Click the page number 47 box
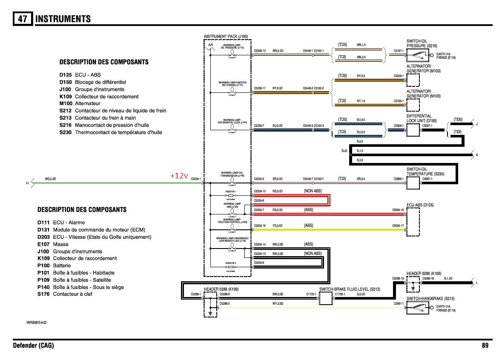click(x=23, y=19)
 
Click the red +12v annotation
click(x=179, y=176)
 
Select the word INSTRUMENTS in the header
click(x=63, y=19)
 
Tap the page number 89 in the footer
click(x=485, y=346)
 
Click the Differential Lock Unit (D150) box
click(x=413, y=130)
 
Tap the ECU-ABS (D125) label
click(x=420, y=205)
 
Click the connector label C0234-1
click(x=195, y=179)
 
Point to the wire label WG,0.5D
click(x=50, y=179)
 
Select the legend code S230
click(x=66, y=132)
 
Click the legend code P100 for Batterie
click(x=43, y=266)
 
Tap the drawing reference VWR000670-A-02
click(x=36, y=323)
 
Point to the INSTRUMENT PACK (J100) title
click(x=226, y=37)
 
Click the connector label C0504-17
click(x=398, y=226)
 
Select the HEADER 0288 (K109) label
click(x=221, y=289)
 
